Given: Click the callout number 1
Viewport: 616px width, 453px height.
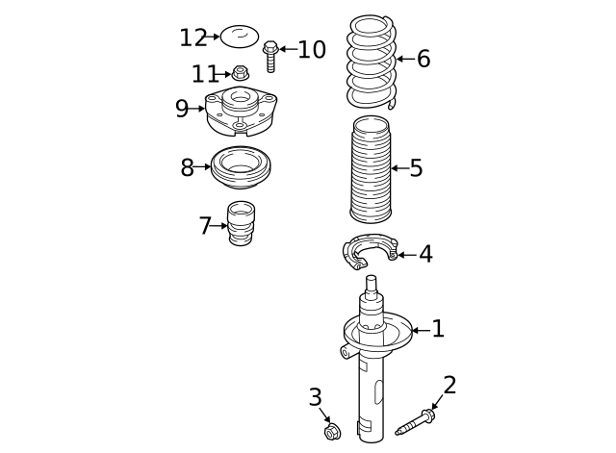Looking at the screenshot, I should point(438,330).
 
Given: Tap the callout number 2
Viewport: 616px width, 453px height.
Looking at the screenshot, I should point(449,386).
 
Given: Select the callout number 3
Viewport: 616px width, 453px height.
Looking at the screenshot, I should point(315,396).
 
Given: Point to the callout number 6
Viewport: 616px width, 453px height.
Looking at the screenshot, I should point(423,60).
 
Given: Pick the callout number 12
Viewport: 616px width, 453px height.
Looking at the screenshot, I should point(192,38).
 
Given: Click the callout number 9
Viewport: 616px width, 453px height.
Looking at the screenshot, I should point(182,109).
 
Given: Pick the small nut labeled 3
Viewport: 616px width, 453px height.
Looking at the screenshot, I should point(332,432).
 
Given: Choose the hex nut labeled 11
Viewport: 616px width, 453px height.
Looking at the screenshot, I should point(241,73).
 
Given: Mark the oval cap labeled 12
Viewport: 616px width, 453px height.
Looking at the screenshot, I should point(240,38).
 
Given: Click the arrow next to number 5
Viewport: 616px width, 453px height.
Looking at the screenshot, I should point(398,168).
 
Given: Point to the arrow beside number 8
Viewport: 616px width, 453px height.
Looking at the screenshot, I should point(203,167).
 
